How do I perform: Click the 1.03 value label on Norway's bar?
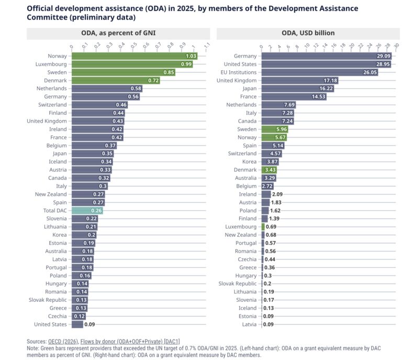click(191, 56)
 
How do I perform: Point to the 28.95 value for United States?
click(383, 64)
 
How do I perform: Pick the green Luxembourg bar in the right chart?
click(263, 226)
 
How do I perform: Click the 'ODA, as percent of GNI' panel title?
click(118, 33)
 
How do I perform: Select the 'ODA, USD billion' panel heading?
click(308, 33)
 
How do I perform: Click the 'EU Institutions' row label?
click(239, 72)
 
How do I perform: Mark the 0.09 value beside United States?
click(89, 324)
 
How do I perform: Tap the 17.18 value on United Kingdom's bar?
click(330, 80)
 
